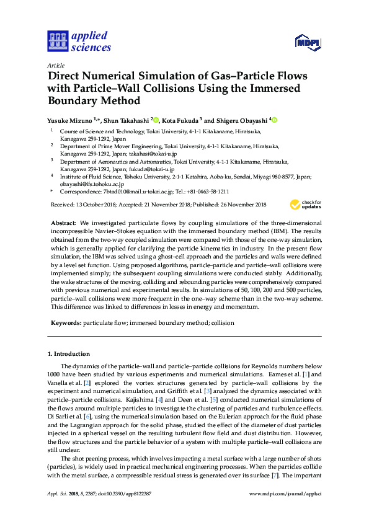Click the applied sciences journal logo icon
pyautogui.click(x=58, y=42)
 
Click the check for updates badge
pyautogui.click(x=306, y=204)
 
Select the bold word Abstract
pyautogui.click(x=63, y=223)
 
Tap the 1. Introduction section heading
pyautogui.click(x=69, y=354)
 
